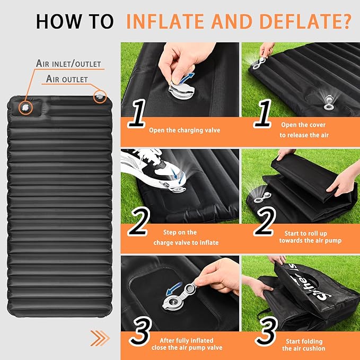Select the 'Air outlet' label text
pyautogui.click(x=66, y=79)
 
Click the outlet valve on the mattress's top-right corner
pyautogui.click(x=100, y=97)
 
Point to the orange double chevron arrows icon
pyautogui.click(x=99, y=338)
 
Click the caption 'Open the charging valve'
pyautogui.click(x=184, y=130)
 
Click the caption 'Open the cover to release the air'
pyautogui.click(x=304, y=130)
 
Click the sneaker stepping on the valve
pyautogui.click(x=148, y=164)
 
